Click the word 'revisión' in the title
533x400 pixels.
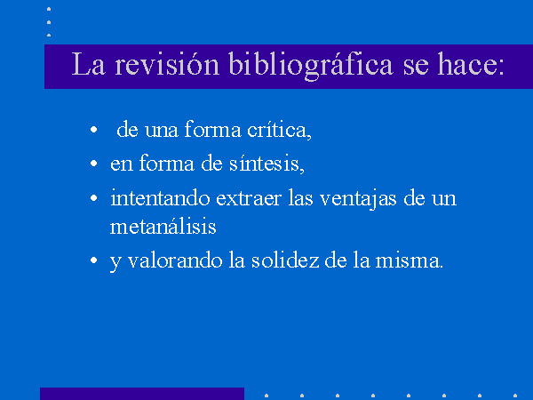point(167,64)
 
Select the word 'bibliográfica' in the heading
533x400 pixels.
point(311,65)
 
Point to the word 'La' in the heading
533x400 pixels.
point(88,64)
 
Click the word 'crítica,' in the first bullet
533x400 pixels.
point(279,130)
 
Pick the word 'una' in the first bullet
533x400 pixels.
point(161,131)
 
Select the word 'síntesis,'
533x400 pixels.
point(266,164)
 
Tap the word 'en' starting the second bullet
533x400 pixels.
point(122,164)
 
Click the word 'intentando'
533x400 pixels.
point(160,197)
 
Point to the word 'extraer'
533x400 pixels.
point(249,198)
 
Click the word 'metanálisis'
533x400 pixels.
point(163,226)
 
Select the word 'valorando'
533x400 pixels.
point(175,260)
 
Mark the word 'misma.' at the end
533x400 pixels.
point(410,260)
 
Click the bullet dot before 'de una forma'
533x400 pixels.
point(94,130)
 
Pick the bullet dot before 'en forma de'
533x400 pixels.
point(94,164)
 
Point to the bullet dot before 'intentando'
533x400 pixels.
point(94,198)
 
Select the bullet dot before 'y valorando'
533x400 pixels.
point(94,260)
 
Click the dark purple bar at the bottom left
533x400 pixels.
point(142,394)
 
